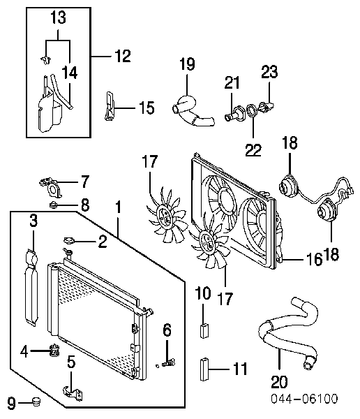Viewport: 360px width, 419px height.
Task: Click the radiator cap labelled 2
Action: click(69, 240)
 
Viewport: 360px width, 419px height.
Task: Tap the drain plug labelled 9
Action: click(36, 401)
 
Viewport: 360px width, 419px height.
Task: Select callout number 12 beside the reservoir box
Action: click(123, 56)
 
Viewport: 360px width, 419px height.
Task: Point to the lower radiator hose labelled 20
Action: click(288, 334)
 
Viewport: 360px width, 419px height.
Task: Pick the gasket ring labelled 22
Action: click(252, 110)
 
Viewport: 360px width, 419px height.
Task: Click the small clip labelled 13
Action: click(46, 60)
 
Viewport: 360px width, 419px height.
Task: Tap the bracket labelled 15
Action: click(109, 106)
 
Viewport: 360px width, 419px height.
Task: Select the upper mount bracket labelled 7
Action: click(52, 186)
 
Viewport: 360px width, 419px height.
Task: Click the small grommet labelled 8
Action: click(54, 205)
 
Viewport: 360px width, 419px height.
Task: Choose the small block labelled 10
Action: click(204, 330)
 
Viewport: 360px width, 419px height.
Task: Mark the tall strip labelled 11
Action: click(204, 369)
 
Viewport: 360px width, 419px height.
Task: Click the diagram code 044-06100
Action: click(304, 399)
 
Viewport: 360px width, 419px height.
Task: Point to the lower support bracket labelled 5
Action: click(73, 393)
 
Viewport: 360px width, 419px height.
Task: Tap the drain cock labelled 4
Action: click(54, 351)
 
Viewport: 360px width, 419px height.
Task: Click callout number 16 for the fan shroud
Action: click(314, 259)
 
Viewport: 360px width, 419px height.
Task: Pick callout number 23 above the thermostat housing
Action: click(269, 72)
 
